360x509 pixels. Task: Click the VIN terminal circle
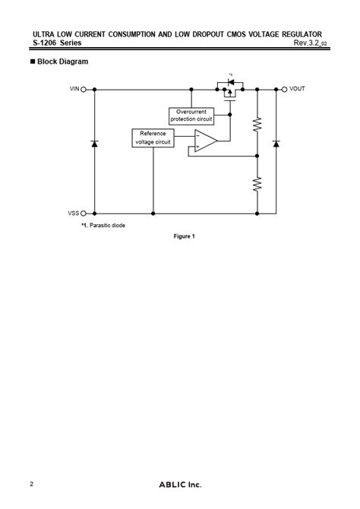(x=84, y=89)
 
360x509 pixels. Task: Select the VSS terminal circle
(x=84, y=213)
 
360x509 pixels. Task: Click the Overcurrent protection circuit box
(x=191, y=115)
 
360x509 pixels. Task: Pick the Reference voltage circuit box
(x=153, y=138)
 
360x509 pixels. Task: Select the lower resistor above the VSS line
(x=257, y=183)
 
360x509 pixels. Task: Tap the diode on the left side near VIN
(x=94, y=144)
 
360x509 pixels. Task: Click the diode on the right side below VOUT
(x=275, y=144)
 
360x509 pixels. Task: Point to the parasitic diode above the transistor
(x=229, y=82)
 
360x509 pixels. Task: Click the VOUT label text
(x=297, y=89)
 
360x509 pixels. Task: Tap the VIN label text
(x=74, y=89)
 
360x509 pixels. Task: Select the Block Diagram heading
(x=62, y=61)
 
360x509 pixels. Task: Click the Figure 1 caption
(x=185, y=236)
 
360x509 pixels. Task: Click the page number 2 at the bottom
(x=31, y=484)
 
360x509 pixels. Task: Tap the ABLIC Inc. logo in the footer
(x=180, y=485)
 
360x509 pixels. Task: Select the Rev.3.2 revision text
(x=310, y=43)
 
